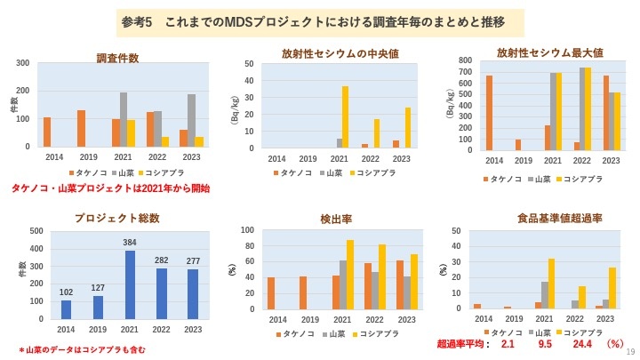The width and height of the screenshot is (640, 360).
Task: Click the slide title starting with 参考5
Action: (319, 20)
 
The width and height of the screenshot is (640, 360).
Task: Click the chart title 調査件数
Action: (117, 59)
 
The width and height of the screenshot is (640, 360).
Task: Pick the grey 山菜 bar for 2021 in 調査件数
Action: (123, 119)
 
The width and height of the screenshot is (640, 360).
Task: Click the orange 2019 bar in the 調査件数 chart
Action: (81, 128)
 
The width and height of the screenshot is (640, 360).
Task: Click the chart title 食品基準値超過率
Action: (547, 217)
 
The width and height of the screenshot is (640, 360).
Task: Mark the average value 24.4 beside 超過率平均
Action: (582, 343)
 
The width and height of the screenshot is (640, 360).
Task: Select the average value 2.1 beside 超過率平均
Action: (508, 343)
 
